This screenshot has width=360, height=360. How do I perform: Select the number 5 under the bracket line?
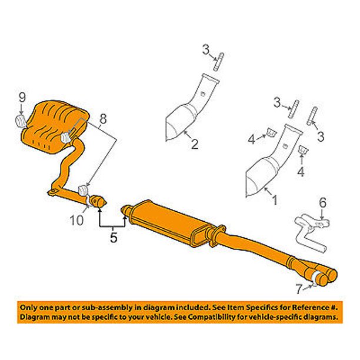click(x=113, y=238)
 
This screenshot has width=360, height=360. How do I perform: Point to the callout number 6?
click(x=321, y=203)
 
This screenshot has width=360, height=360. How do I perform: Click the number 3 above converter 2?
click(x=206, y=51)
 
